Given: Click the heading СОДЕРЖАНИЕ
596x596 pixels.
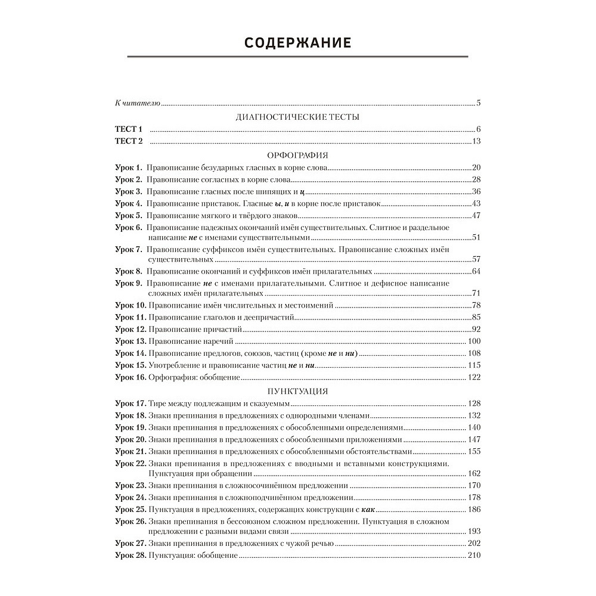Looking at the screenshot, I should pyautogui.click(x=298, y=43).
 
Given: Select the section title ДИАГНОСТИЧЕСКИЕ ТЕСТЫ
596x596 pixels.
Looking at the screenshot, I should pyautogui.click(x=298, y=117).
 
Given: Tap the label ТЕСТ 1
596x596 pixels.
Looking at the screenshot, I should pyautogui.click(x=129, y=129).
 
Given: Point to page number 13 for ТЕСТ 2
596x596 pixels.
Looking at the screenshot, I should pyautogui.click(x=476, y=141).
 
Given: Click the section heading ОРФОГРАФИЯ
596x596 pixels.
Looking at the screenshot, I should pyautogui.click(x=298, y=155).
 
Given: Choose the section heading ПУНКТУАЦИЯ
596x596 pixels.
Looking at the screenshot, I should pyautogui.click(x=298, y=391).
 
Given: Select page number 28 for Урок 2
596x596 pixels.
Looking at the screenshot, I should pyautogui.click(x=476, y=179).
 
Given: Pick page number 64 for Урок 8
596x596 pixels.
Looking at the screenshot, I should pyautogui.click(x=476, y=272).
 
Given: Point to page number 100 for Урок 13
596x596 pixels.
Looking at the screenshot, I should pyautogui.click(x=474, y=342).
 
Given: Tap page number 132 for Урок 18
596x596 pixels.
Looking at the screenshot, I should pyautogui.click(x=474, y=415).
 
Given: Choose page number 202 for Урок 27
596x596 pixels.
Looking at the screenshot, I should pyautogui.click(x=474, y=543).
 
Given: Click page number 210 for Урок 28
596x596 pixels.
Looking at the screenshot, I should pyautogui.click(x=474, y=555).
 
